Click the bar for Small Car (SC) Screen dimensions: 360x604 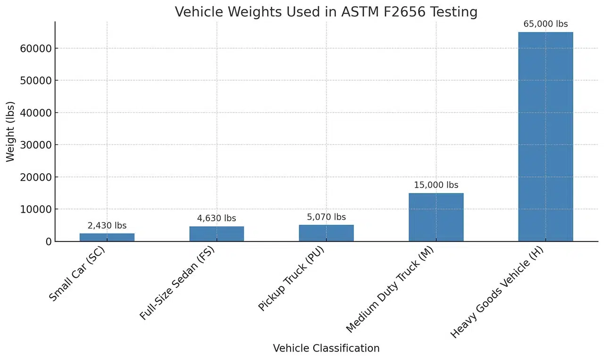tap(107, 237)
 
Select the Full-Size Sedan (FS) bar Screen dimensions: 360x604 tap(217, 234)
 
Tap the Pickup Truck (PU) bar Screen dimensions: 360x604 tap(326, 233)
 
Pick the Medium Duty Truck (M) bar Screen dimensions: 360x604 tap(436, 217)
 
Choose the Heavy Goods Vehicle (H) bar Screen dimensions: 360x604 tap(545, 137)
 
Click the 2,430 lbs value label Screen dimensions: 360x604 tap(107, 226)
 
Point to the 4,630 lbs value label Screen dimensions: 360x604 tap(217, 218)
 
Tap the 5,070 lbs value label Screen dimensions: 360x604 tap(326, 217)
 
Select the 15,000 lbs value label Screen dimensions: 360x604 tap(436, 185)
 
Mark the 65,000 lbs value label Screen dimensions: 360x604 tap(545, 24)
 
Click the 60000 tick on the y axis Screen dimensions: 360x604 tap(36, 48)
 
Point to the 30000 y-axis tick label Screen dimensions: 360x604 tap(36, 145)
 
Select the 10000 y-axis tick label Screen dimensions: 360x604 tap(36, 209)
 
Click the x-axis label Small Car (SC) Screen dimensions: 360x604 tap(77, 274)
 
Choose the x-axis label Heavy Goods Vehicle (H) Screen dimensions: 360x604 tap(497, 293)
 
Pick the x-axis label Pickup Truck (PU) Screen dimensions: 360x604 tap(292, 279)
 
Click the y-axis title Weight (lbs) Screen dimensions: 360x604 tap(10, 132)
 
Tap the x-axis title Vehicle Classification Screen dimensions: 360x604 tap(326, 348)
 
